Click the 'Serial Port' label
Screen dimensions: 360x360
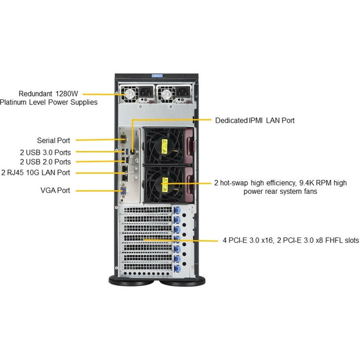pos(53,140)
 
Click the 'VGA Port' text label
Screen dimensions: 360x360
pos(55,191)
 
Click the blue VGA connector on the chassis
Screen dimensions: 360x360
pos(123,191)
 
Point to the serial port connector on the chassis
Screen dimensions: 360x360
pos(123,139)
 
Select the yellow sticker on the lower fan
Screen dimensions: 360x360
pos(165,182)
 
